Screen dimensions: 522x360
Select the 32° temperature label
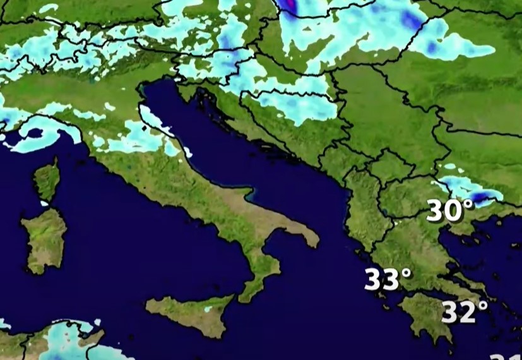pyautogui.click(x=464, y=311)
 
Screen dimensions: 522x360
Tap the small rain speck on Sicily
pyautogui.click(x=208, y=310)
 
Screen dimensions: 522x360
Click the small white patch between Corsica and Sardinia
pyautogui.click(x=44, y=203)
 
